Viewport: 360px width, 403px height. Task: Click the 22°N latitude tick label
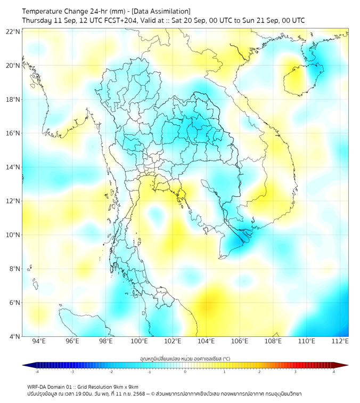(x=13, y=31)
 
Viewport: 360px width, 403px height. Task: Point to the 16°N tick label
(x=13, y=133)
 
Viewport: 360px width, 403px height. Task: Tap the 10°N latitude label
(x=13, y=235)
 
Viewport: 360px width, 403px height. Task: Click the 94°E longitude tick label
(x=39, y=341)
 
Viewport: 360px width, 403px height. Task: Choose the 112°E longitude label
(x=340, y=341)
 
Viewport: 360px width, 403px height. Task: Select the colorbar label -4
(x=37, y=372)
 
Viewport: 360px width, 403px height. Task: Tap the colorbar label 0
(x=185, y=372)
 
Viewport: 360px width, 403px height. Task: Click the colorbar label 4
(x=334, y=372)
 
